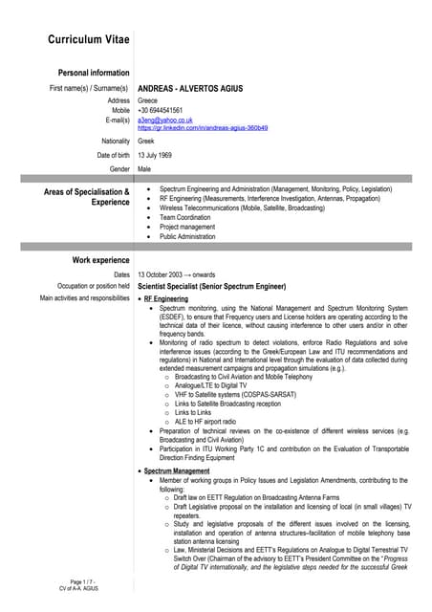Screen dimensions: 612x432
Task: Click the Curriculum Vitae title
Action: tap(89, 39)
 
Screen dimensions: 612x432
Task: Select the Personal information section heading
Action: tap(94, 73)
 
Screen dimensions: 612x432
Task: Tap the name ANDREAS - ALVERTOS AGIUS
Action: tap(190, 89)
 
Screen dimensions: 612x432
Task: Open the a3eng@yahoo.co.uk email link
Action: tap(165, 120)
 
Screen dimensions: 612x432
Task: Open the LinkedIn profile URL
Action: tap(203, 128)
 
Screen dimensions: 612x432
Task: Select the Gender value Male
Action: tap(144, 168)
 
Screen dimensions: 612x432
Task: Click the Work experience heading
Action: tap(101, 260)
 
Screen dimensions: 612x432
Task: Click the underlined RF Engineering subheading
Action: tap(166, 299)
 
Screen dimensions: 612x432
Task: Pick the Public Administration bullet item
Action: tap(187, 236)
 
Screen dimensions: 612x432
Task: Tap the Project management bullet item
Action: tap(187, 227)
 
